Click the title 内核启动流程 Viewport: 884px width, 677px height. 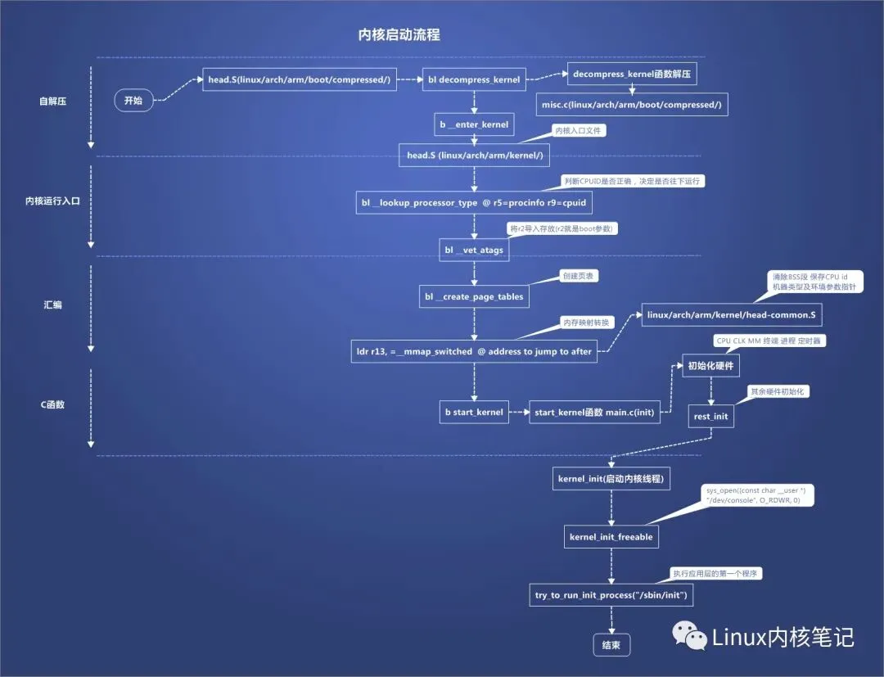399,34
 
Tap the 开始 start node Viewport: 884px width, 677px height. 133,102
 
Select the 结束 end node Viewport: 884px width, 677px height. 611,645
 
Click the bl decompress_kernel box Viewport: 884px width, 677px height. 473,80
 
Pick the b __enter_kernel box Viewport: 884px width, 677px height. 474,125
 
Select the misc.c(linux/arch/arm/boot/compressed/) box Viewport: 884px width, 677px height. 632,104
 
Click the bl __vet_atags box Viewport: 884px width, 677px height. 474,250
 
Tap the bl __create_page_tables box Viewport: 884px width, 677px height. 474,296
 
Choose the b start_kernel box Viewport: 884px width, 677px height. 474,412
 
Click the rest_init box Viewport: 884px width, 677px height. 710,416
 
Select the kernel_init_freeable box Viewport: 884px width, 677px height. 611,537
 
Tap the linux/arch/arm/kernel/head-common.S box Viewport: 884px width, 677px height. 731,315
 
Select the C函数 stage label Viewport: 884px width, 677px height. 53,405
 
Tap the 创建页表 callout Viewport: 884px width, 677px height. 578,276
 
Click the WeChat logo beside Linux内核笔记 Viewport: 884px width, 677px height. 689,636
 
